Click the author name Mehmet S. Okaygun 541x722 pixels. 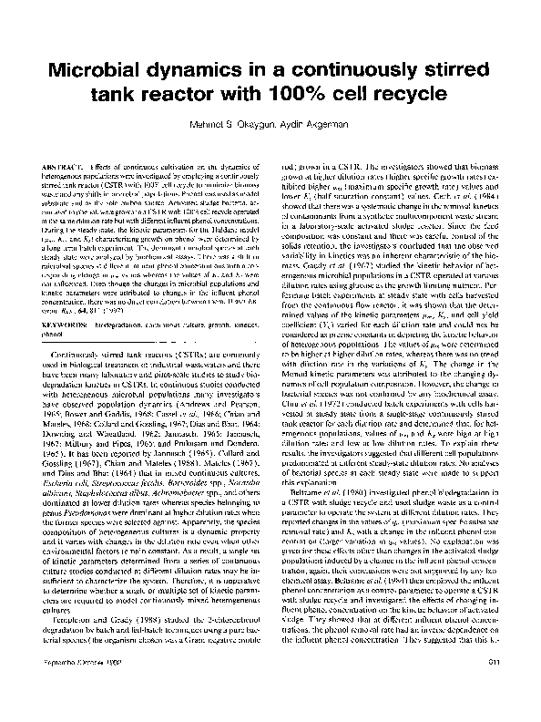234,124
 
